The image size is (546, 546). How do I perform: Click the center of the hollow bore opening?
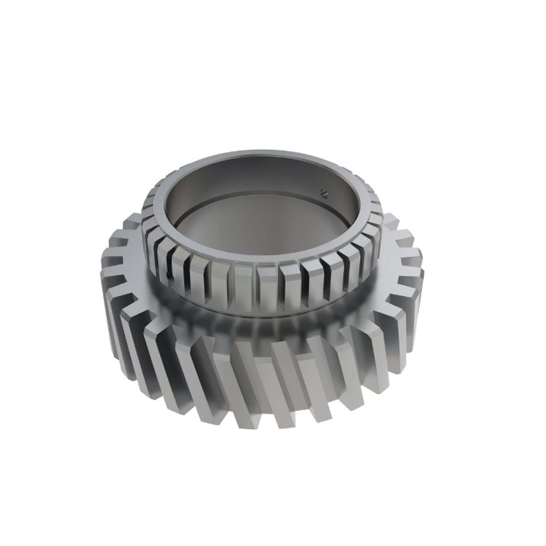coord(257,213)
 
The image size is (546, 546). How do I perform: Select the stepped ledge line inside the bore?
coord(257,194)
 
